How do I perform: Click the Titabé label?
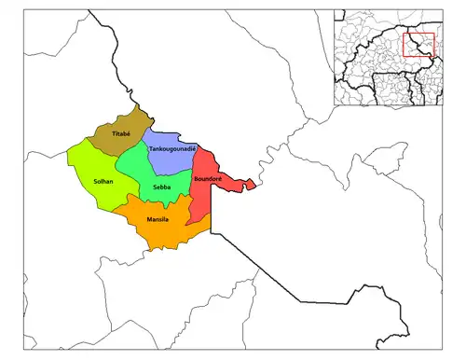click(x=120, y=135)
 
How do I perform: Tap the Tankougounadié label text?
click(x=172, y=148)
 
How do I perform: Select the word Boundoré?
click(x=206, y=177)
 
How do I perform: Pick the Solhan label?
click(x=103, y=181)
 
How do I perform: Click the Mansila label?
click(x=158, y=219)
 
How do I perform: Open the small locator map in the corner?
click(x=396, y=56)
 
